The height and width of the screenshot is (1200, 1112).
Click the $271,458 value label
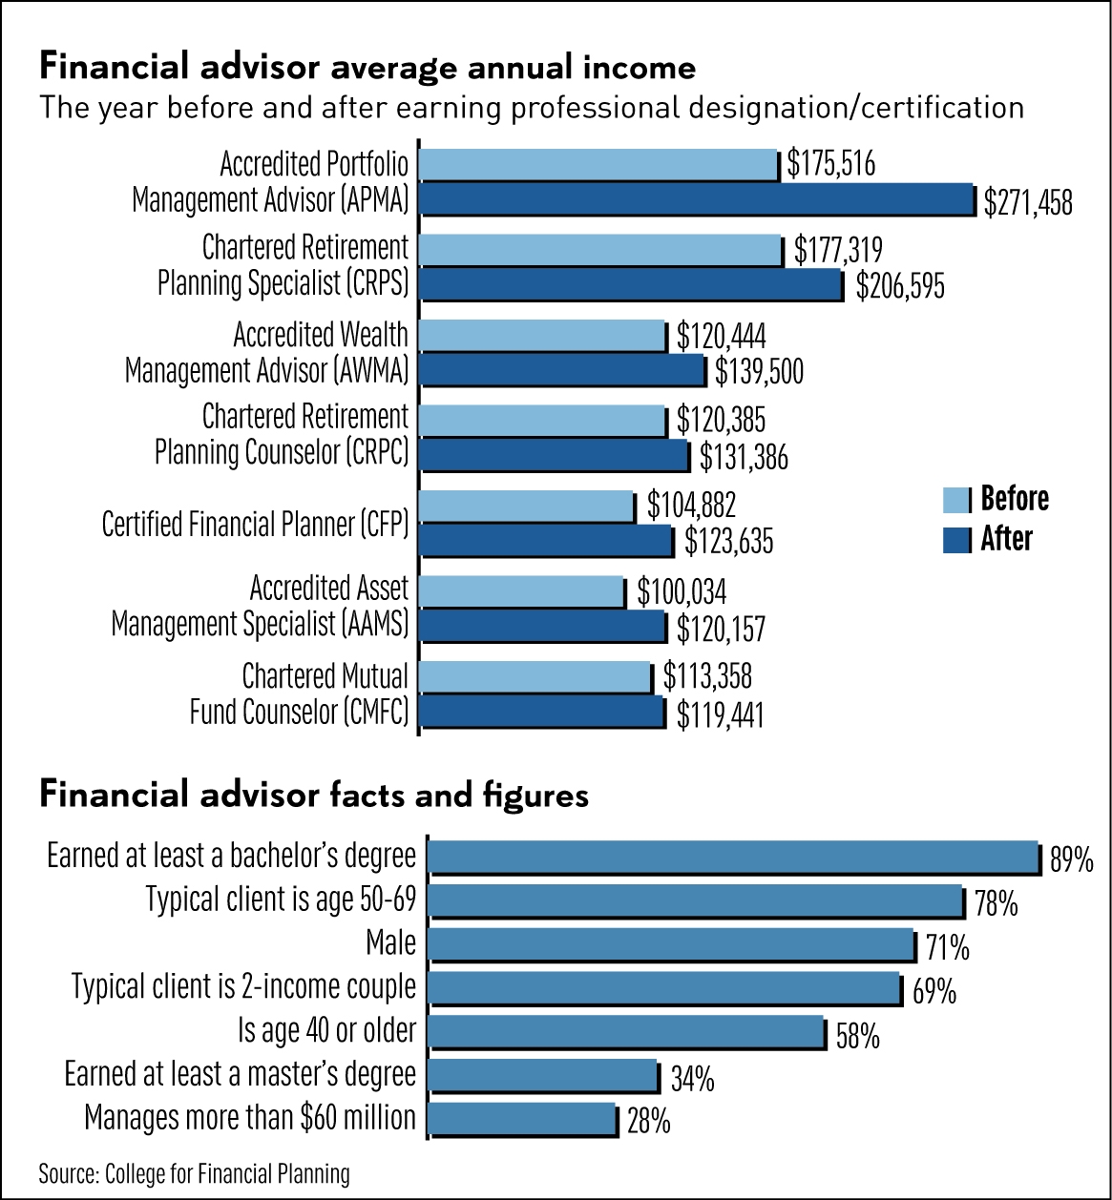[1028, 202]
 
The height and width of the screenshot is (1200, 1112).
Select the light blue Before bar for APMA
[598, 165]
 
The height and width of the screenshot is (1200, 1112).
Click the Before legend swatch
[956, 499]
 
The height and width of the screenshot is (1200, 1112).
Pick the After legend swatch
[956, 540]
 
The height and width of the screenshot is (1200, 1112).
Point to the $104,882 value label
[691, 506]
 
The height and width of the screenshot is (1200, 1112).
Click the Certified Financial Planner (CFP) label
[255, 524]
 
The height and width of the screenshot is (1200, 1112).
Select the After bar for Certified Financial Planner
[546, 541]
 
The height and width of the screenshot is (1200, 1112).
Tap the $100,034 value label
[682, 591]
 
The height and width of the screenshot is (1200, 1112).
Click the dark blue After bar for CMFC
[541, 712]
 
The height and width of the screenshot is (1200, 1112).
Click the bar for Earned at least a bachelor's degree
[733, 857]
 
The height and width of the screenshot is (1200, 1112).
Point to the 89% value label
[1071, 861]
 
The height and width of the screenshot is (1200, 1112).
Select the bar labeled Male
[671, 944]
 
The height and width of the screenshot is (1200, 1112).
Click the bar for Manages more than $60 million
[522, 1118]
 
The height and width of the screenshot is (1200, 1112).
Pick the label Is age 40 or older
[326, 1030]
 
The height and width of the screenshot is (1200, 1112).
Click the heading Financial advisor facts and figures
[314, 795]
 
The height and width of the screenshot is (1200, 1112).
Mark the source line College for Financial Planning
[194, 1173]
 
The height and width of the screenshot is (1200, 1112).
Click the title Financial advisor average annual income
[367, 68]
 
